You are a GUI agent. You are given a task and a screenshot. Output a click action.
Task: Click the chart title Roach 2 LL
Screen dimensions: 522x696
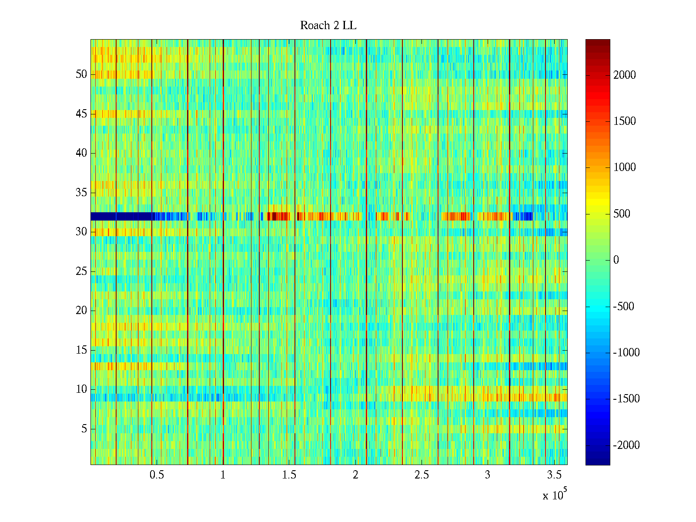point(328,26)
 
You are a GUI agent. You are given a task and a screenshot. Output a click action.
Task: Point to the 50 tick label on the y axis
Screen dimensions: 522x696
point(81,74)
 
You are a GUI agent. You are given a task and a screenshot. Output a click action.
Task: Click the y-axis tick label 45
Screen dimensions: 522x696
point(81,114)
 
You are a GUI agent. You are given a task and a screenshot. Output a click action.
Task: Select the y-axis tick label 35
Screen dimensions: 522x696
point(81,193)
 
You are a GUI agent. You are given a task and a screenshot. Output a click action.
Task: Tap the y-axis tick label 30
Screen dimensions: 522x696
point(81,232)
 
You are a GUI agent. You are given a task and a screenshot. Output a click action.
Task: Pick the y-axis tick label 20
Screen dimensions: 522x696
point(81,311)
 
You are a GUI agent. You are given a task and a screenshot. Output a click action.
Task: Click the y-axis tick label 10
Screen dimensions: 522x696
point(81,389)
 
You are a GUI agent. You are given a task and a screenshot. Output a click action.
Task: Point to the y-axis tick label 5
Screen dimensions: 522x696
point(84,429)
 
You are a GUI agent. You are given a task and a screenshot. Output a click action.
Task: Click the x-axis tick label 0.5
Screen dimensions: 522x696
point(157,475)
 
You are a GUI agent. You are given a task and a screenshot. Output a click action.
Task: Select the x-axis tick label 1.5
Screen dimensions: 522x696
point(289,475)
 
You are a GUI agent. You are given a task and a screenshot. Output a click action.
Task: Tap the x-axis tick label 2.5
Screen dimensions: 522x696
point(422,475)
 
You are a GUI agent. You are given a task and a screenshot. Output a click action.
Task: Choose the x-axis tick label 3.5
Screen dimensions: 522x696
point(554,475)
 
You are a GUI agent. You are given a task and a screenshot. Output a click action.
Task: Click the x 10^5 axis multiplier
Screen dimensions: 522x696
point(555,495)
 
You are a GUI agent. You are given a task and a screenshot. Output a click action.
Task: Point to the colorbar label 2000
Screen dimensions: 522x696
point(625,75)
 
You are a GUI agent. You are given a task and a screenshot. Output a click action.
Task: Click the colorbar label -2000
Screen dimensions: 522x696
point(626,445)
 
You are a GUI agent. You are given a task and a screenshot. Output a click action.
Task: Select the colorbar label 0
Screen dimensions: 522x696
point(616,260)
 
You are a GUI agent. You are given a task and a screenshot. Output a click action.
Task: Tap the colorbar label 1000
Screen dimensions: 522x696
point(625,167)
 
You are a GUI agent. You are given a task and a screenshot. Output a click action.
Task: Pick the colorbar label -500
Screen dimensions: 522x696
point(624,306)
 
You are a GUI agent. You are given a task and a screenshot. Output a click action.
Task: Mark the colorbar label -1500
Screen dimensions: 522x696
point(626,399)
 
